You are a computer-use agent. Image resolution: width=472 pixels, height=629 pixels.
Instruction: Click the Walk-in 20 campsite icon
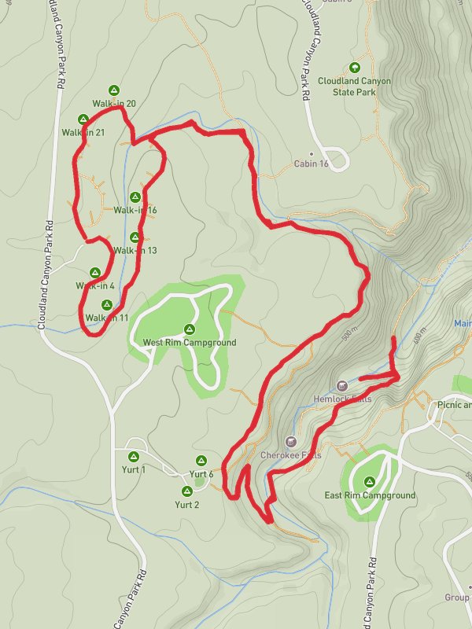click(114, 90)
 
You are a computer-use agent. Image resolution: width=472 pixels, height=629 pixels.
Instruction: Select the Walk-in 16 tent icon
click(135, 197)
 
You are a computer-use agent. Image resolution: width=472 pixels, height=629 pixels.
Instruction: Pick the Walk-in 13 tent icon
click(135, 237)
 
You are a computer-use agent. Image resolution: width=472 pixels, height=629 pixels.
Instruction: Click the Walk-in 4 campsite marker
click(95, 271)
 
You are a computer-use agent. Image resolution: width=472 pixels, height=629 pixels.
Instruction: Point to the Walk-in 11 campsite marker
click(107, 304)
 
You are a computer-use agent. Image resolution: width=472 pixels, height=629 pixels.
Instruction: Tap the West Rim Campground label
click(189, 343)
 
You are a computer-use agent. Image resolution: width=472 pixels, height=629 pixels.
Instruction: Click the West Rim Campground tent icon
click(189, 329)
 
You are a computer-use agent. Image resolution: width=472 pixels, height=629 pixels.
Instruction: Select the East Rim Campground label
click(370, 495)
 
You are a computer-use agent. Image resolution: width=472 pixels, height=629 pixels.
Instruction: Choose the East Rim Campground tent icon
click(369, 480)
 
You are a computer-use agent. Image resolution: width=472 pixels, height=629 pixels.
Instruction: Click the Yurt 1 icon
click(133, 456)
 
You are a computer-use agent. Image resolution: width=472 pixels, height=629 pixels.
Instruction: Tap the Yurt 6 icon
click(201, 460)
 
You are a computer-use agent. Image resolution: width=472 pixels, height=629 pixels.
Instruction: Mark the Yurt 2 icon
click(186, 491)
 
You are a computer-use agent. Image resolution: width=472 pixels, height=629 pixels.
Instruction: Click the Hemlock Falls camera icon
click(341, 385)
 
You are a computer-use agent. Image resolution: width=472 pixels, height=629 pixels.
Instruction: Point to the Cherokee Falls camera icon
click(291, 441)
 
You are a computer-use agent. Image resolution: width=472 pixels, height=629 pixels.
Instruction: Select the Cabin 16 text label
click(311, 164)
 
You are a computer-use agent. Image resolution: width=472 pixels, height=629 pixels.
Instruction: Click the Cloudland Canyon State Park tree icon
click(354, 68)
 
